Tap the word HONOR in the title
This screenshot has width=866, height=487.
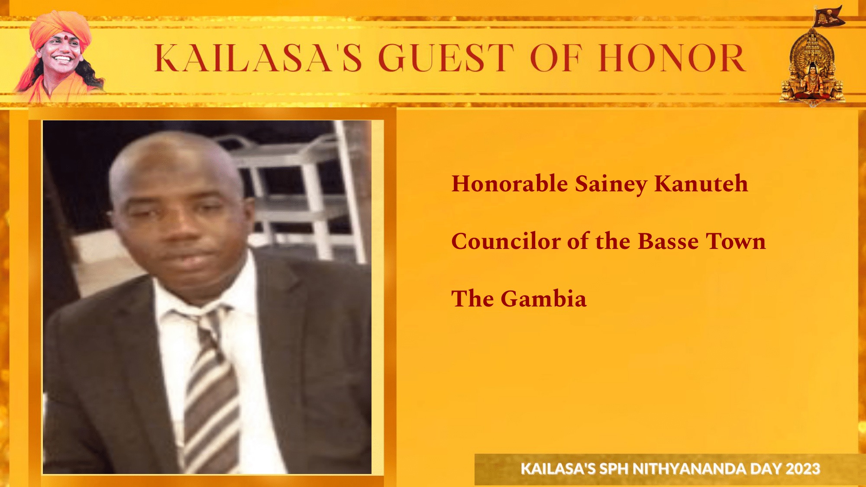point(672,58)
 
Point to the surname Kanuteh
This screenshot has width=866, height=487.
point(701,184)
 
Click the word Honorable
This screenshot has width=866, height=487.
point(510,184)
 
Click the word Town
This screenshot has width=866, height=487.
point(736,242)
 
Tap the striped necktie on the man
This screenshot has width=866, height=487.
point(210,390)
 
